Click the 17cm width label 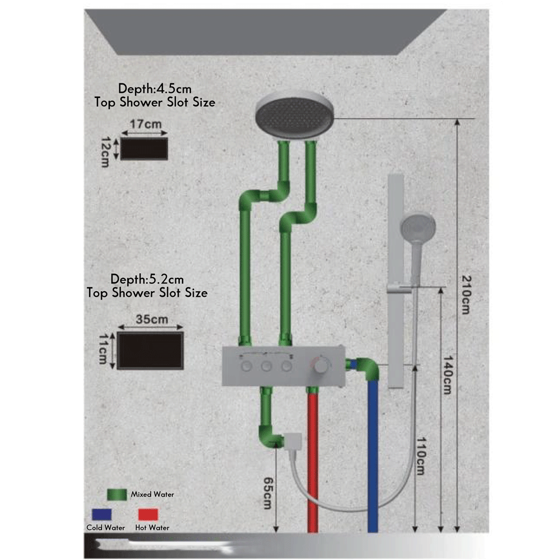[143, 125]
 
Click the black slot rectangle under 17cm [144, 148]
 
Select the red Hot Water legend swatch [148, 514]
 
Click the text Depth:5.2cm [147, 279]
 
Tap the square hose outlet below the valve [292, 442]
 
